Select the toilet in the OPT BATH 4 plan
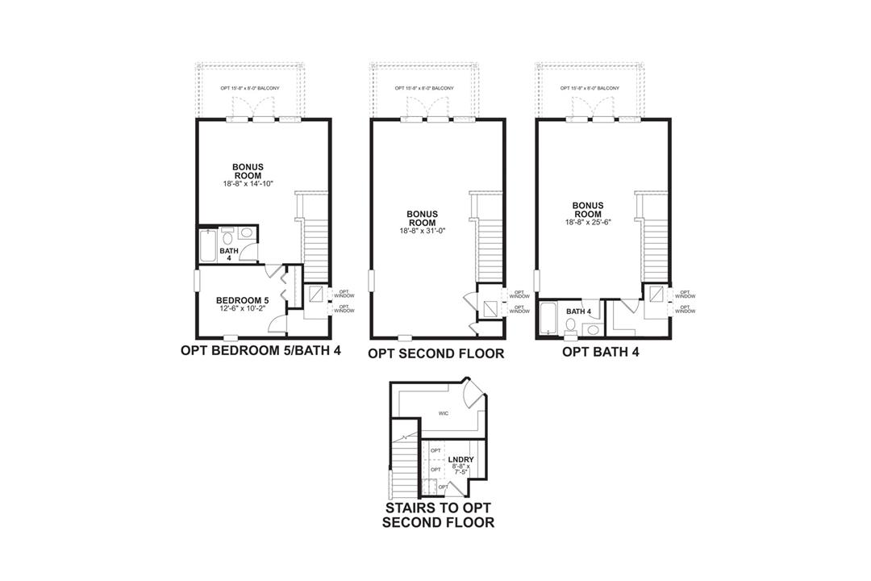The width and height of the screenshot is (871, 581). coord(571,325)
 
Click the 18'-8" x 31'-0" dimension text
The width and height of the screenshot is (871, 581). coord(422,232)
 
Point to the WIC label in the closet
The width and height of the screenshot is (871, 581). coord(443,413)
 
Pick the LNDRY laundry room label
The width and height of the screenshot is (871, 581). coord(461,460)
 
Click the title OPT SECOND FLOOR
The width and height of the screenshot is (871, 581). coord(435,353)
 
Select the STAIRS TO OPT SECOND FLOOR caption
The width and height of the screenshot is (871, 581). coord(438,514)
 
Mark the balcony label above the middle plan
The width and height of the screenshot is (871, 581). coord(424,88)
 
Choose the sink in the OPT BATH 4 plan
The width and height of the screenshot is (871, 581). coord(592,329)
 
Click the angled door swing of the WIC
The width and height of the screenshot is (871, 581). coord(474,394)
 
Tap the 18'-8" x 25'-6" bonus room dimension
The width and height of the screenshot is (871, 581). coord(587,223)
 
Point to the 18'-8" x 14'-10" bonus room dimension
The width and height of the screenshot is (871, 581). coord(248,184)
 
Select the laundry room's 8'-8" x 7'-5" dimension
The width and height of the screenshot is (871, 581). coord(461,470)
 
